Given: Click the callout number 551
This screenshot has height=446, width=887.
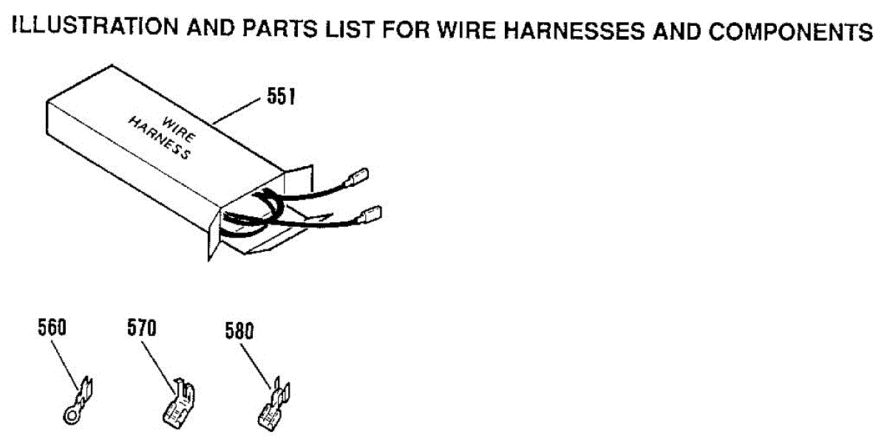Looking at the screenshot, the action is tap(281, 96).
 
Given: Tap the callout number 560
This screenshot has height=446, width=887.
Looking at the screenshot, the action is tap(52, 327).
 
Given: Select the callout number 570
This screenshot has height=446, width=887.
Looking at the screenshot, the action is tap(142, 328).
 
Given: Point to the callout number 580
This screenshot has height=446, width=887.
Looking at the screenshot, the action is tap(239, 331).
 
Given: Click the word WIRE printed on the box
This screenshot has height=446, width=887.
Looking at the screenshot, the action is tap(179, 129).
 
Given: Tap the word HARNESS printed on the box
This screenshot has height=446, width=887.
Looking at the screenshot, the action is tap(159, 138).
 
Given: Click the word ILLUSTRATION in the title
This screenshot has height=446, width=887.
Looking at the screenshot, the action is tap(95, 26).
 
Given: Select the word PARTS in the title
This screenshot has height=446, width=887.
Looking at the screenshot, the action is tap(279, 29).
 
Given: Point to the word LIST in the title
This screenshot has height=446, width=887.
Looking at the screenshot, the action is tap(350, 30).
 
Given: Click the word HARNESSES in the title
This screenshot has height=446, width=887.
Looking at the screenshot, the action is tap(574, 31).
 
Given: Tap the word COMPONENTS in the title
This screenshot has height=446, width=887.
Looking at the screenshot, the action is tap(791, 32).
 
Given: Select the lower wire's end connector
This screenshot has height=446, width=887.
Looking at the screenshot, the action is tap(370, 215).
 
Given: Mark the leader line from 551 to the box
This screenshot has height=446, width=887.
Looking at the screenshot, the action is tap(237, 111).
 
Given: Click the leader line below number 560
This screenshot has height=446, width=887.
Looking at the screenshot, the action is tap(65, 366).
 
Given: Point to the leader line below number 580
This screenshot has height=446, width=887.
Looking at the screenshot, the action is tap(256, 367).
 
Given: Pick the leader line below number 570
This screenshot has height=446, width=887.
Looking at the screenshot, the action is tap(158, 367).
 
